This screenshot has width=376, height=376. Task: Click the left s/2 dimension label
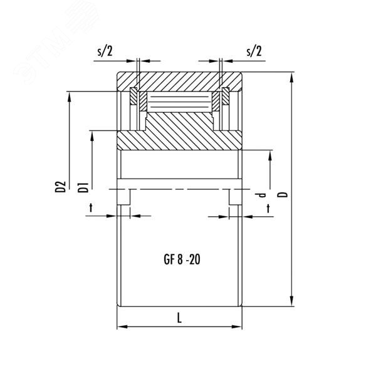click(x=105, y=51)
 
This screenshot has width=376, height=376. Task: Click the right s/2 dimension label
click(x=254, y=51)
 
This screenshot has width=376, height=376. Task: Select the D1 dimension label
click(x=83, y=187)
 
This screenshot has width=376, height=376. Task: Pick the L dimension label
click(x=179, y=318)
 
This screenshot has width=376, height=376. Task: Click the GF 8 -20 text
click(x=182, y=259)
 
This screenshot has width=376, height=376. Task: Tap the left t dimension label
click(x=91, y=207)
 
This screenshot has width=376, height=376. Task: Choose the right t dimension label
click(x=268, y=209)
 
